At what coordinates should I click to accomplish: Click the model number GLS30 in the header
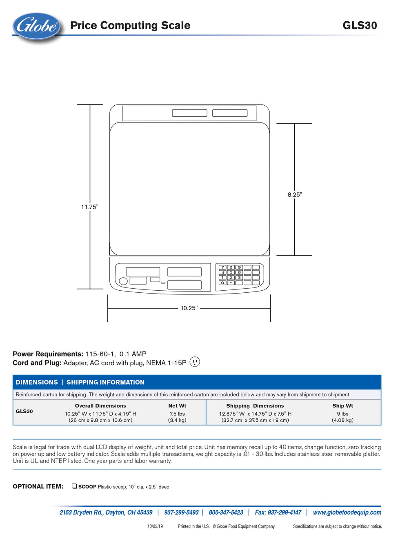360,25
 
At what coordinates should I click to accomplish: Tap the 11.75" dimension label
90,207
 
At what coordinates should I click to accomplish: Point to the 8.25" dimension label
295,195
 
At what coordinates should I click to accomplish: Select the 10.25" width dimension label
189,308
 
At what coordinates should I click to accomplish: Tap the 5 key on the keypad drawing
231,272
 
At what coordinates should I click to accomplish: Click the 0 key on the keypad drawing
222,283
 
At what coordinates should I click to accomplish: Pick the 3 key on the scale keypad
239,278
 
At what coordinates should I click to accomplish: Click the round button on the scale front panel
123,281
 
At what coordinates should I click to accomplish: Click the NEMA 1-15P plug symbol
195,362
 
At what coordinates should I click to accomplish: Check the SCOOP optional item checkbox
74,486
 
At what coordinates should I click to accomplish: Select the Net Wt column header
177,406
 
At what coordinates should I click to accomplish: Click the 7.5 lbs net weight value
177,414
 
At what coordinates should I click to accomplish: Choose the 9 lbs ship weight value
342,414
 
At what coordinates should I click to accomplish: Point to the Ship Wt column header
342,406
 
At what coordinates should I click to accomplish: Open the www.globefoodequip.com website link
347,512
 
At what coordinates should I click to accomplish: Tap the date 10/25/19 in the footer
155,526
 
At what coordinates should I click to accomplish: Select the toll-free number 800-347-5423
226,512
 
